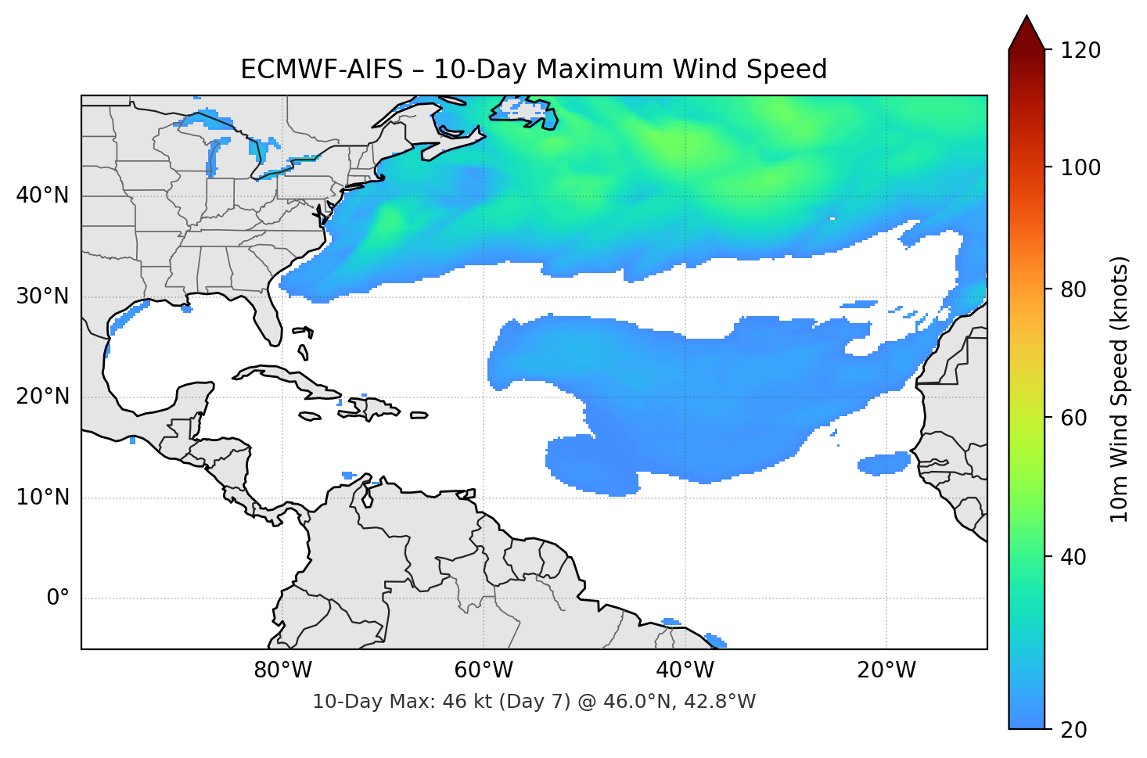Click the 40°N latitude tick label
point(42,196)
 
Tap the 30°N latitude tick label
point(42,296)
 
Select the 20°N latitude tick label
point(42,397)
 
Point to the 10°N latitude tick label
point(42,498)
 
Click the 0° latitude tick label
point(58,598)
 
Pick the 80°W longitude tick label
point(282,670)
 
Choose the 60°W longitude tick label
point(484,670)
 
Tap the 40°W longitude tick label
point(685,670)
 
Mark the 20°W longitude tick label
point(886,670)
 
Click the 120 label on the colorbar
point(1080,51)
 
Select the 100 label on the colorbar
point(1080,167)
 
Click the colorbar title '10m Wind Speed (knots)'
point(1120,389)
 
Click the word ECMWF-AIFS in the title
point(322,70)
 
